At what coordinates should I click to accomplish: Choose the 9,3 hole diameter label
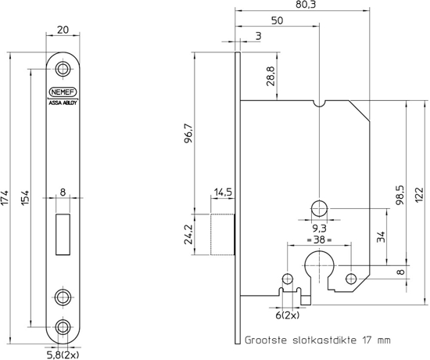[319, 228]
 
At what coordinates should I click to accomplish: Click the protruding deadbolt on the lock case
[224, 234]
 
